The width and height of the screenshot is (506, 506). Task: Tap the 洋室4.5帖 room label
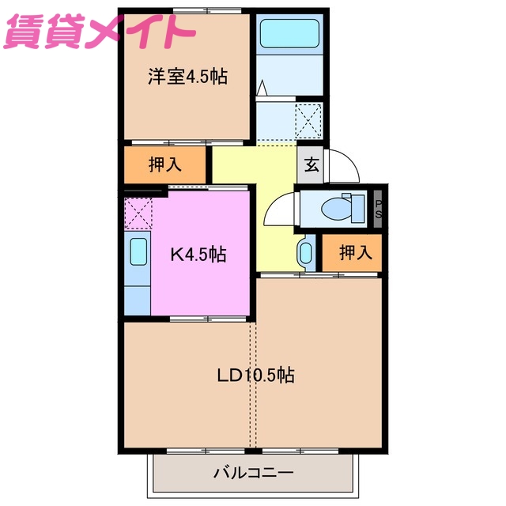coord(187,77)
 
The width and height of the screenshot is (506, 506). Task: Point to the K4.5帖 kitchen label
coord(198,255)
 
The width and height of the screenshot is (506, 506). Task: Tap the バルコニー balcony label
coord(254,474)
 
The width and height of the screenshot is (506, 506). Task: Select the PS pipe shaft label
coord(379,209)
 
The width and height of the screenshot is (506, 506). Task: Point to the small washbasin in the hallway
coord(306,254)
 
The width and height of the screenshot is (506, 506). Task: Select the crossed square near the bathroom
coord(308,121)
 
